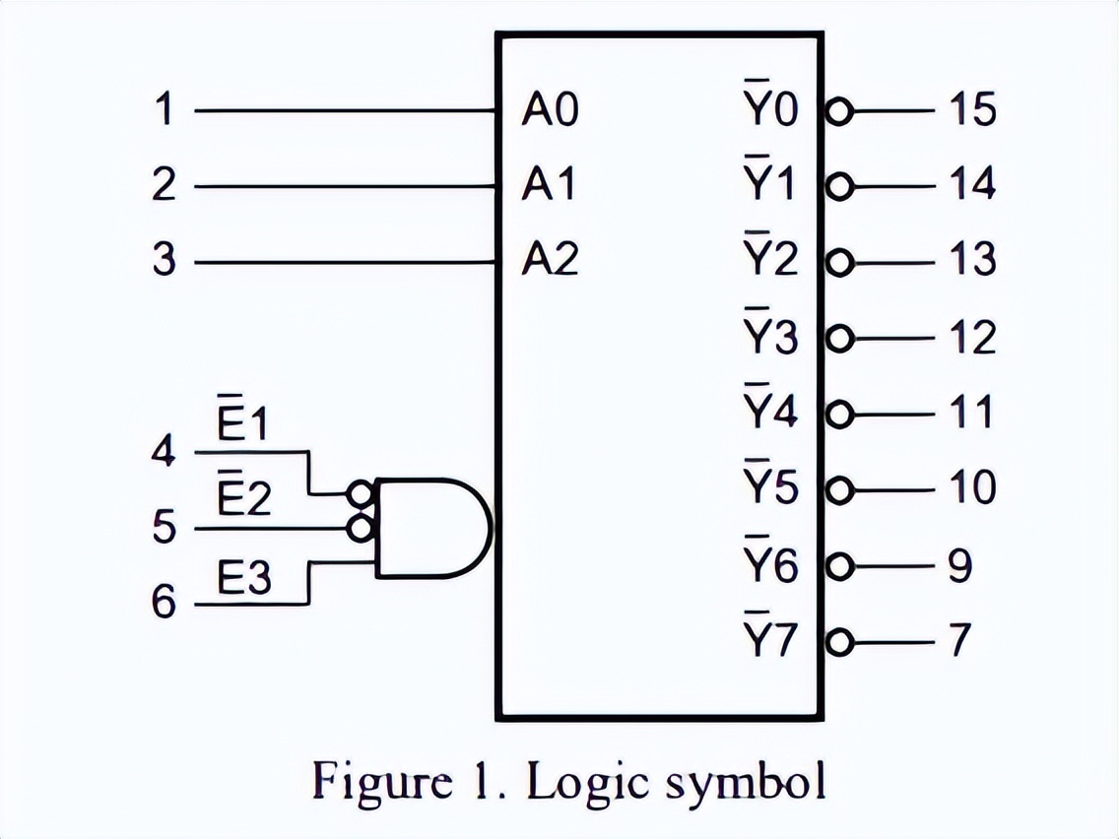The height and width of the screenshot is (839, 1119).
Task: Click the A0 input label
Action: [x=550, y=111]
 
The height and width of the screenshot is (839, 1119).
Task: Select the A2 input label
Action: [x=550, y=262]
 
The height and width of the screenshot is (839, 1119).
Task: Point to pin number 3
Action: [x=164, y=262]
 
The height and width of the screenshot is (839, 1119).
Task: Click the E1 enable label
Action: [x=242, y=425]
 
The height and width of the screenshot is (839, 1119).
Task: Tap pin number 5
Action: [x=164, y=529]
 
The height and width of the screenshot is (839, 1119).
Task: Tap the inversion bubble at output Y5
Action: [x=838, y=489]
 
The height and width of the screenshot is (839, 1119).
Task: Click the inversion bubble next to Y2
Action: [x=838, y=263]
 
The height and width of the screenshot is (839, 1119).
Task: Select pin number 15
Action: [x=972, y=110]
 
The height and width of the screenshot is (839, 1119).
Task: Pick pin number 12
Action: [x=972, y=338]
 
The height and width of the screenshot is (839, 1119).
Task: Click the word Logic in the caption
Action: [x=589, y=782]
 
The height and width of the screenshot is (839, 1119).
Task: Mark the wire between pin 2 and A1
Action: [x=345, y=186]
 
